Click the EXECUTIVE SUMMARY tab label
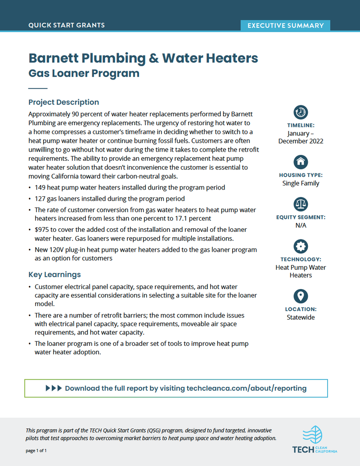pos(285,26)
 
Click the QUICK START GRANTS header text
pos(67,25)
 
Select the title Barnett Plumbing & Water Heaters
pos(143,58)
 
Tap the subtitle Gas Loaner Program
pos(84,73)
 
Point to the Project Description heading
pos(63,102)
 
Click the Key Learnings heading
pos(54,275)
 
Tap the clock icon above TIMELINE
pos(301,112)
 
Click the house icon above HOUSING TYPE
pos(301,161)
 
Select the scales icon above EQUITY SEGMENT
pos(301,204)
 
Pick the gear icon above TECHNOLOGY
pos(301,246)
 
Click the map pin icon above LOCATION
pos(301,296)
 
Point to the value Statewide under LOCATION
pos(301,317)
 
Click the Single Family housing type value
pos(301,183)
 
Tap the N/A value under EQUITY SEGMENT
pos(301,225)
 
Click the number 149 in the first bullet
pos(40,187)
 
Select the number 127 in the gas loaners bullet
pos(40,199)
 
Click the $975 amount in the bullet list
pos(42,230)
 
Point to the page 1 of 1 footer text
pos(36,450)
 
